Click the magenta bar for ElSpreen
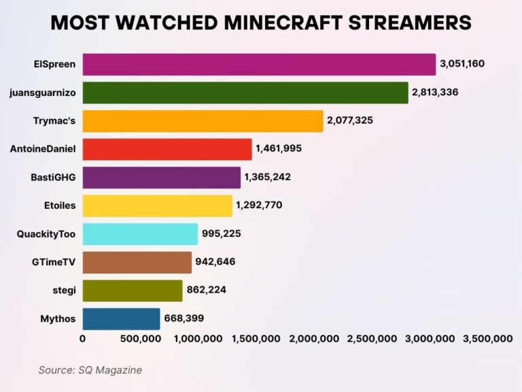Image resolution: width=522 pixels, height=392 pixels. point(259,65)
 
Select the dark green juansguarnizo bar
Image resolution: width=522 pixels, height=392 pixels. point(245,93)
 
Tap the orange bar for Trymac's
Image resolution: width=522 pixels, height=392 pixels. point(203,121)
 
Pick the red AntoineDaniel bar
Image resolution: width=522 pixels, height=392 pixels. point(167,149)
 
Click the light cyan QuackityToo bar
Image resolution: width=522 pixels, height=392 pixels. point(140,234)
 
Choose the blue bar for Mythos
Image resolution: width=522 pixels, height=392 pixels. point(121,318)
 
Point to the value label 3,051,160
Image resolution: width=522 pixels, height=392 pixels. point(463,64)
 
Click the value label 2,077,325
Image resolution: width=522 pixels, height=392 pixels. point(350,120)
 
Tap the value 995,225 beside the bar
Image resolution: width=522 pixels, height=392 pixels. point(221,233)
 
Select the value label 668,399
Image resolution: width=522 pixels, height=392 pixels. point(184,318)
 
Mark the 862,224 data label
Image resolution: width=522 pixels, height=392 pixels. point(206,290)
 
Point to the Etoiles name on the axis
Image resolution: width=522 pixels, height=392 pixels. point(59,206)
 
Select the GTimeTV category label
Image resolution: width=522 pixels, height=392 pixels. point(54,262)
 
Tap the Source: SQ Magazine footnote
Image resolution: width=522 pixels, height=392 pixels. point(90,370)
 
